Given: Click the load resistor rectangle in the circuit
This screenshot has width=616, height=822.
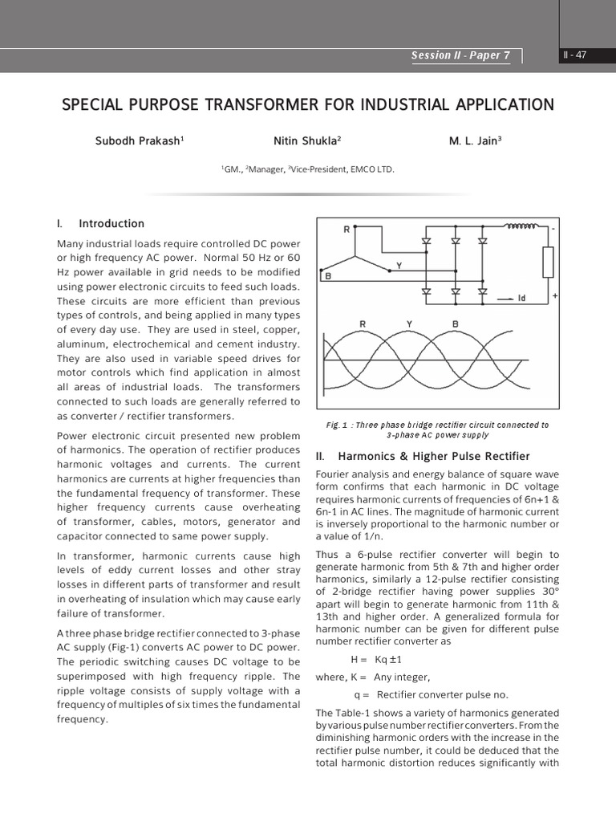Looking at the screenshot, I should click(x=548, y=261).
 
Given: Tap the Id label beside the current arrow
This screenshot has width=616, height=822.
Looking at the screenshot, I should click(x=521, y=299).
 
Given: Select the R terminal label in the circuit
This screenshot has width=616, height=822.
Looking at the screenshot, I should click(x=346, y=230).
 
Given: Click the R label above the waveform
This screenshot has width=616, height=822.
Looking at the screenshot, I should click(x=363, y=324).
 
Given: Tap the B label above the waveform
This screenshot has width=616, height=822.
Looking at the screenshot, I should click(x=456, y=324).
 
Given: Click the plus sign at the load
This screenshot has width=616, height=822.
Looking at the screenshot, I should click(x=555, y=295).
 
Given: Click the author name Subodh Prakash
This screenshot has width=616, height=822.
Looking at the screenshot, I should click(x=140, y=140).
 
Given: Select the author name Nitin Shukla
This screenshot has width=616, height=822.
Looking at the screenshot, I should click(x=307, y=140).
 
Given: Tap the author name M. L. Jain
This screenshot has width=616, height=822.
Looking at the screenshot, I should click(x=475, y=140).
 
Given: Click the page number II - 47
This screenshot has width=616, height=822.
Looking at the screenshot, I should click(x=575, y=55).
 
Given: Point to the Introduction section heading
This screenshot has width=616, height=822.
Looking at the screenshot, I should click(x=111, y=224).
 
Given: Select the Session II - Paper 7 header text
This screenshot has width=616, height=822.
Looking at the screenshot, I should click(x=460, y=56).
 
